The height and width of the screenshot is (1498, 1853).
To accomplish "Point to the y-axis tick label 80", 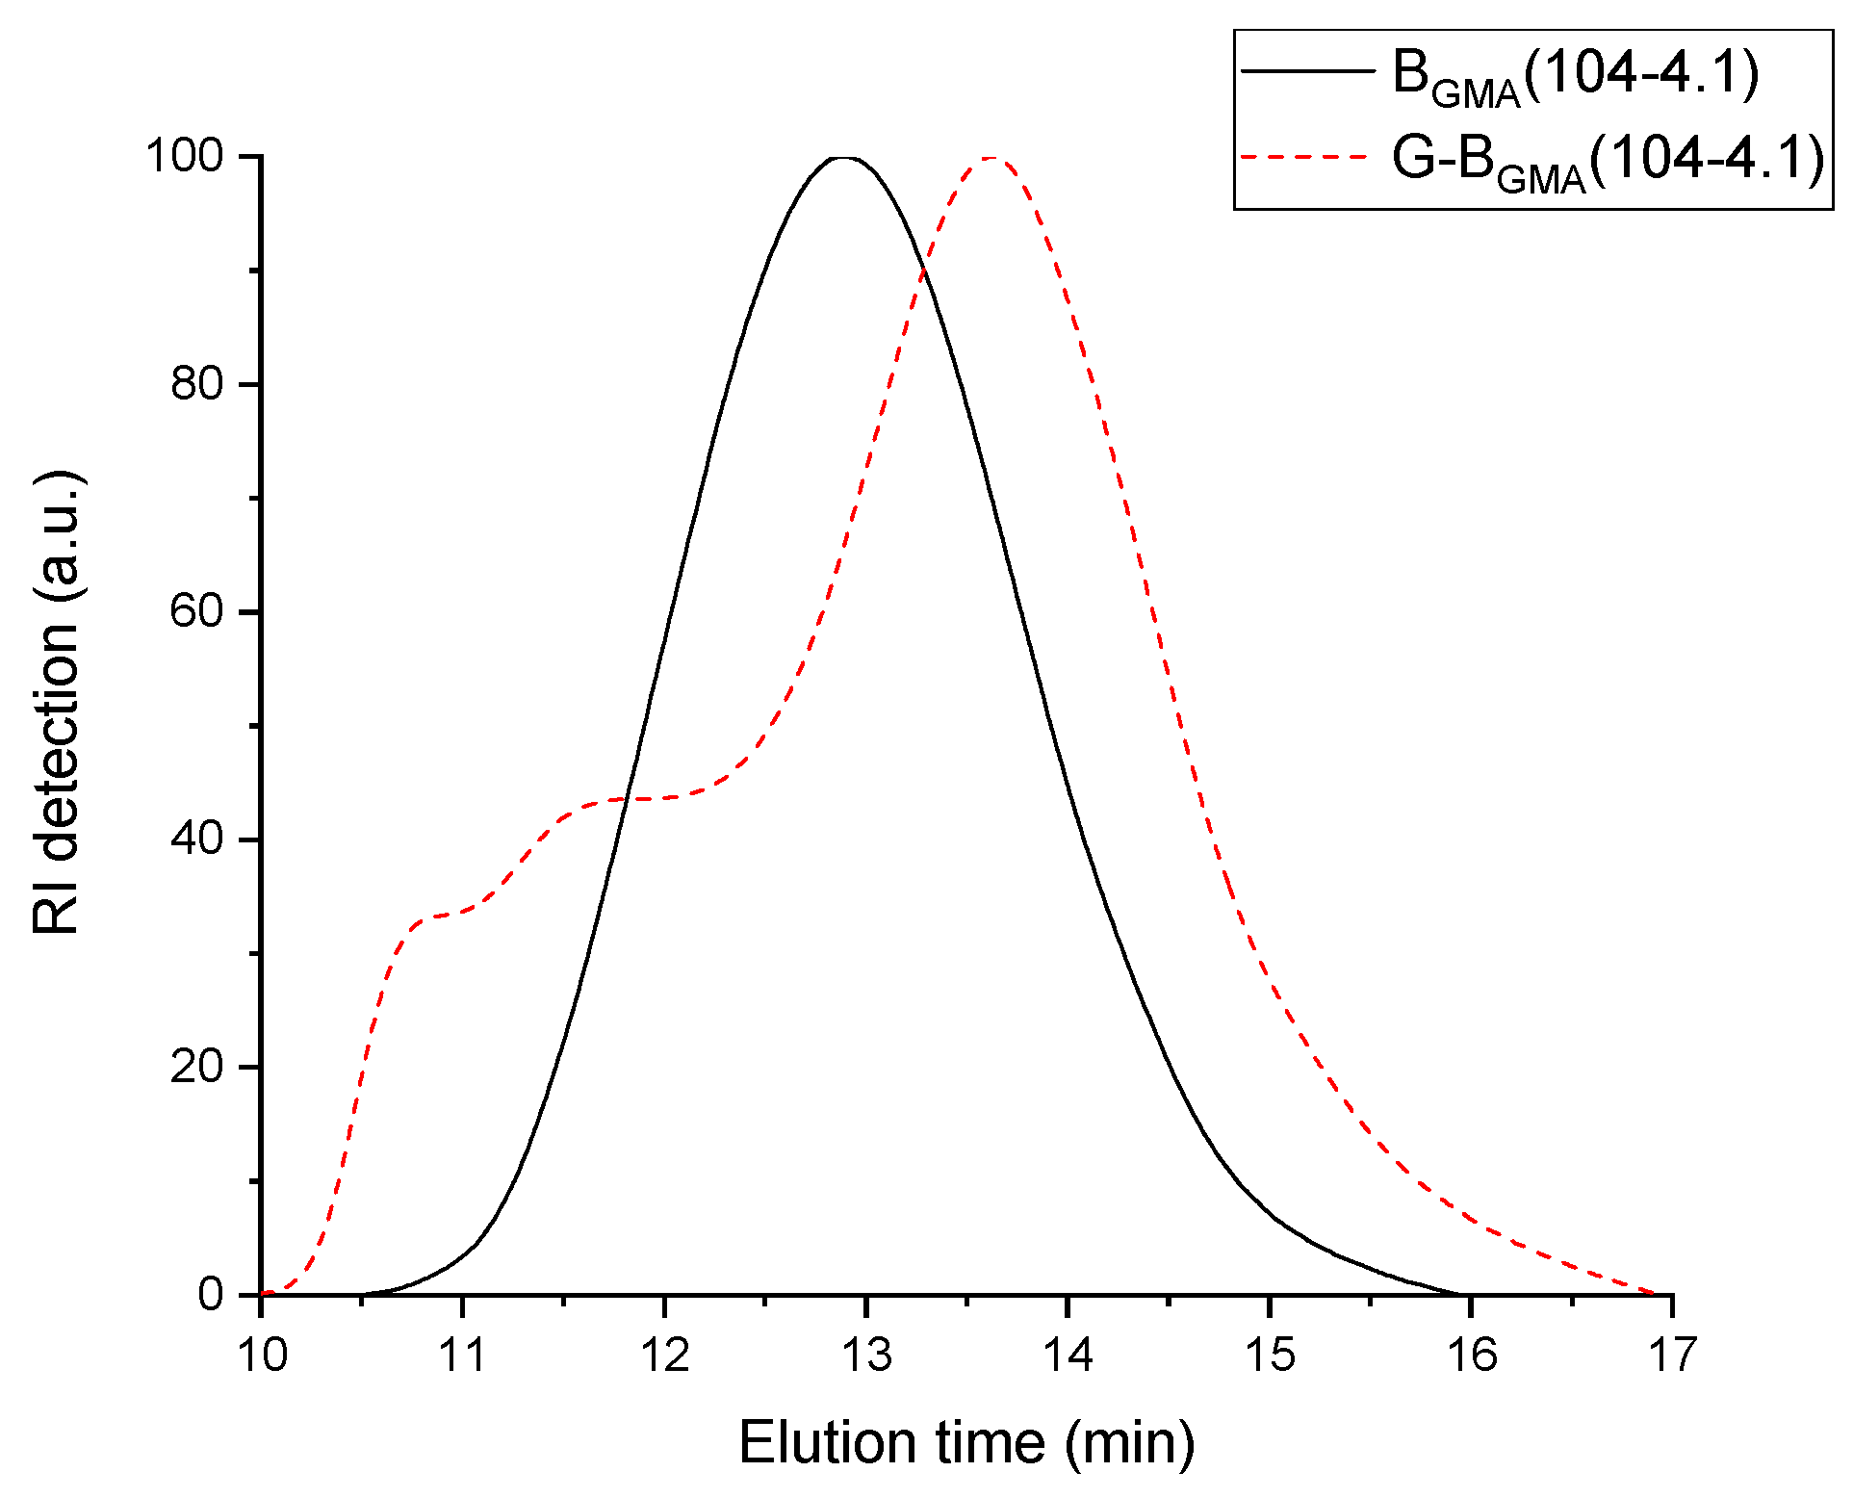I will coord(197,384).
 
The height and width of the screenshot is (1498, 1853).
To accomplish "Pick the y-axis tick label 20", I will coord(197,1067).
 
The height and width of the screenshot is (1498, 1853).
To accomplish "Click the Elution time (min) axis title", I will coord(966,1442).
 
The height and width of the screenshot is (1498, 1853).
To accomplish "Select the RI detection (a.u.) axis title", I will coord(56,703).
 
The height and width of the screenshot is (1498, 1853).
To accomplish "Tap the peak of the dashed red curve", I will coord(990,158).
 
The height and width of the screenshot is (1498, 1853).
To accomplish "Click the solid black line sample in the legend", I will coord(1306,70).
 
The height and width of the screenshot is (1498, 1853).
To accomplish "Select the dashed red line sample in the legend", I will coord(1306,156).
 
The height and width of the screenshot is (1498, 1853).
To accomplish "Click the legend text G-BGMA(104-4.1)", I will coord(1608,159).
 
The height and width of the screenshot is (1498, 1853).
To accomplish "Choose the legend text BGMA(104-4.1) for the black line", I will coord(1576,74).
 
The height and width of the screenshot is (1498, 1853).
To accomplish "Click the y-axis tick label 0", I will coord(211,1295).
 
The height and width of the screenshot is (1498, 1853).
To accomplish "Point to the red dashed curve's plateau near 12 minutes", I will coord(655,798).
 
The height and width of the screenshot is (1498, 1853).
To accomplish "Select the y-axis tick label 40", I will coord(197,839).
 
